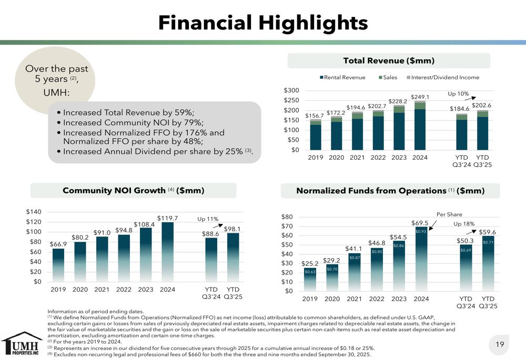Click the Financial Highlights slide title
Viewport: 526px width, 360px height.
point(263,22)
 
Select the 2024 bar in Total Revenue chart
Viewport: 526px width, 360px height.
point(420,126)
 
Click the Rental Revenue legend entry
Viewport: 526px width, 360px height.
point(342,77)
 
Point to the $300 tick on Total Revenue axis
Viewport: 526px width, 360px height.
point(291,90)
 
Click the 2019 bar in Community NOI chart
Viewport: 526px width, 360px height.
point(58,265)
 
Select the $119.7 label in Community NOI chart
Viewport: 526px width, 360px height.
point(167,218)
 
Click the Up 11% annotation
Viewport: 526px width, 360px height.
point(207,219)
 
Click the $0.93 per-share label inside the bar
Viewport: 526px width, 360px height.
point(420,232)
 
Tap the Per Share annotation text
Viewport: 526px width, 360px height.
point(449,214)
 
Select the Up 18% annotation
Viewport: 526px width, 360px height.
point(464,223)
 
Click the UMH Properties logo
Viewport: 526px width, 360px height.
point(20,344)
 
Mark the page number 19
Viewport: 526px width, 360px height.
point(500,344)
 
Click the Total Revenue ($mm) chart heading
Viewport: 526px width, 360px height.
point(389,61)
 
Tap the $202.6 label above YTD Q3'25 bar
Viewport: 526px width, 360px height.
point(481,105)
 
